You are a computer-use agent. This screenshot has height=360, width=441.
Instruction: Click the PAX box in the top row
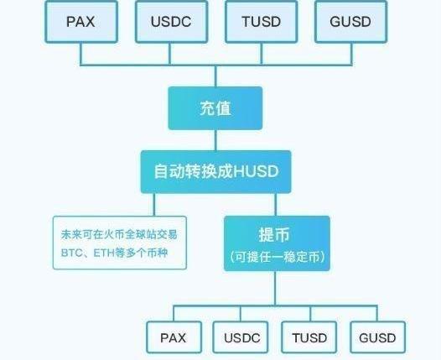click(81, 22)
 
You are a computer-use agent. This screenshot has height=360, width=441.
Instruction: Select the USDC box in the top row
click(171, 22)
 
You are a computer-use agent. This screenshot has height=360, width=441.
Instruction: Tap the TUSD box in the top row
click(262, 22)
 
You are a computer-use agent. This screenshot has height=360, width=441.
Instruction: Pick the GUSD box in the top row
click(351, 22)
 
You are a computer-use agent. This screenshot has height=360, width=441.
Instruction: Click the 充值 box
click(215, 108)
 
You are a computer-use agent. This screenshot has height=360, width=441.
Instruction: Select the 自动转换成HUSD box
click(216, 172)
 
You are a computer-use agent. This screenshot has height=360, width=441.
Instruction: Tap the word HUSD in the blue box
click(256, 171)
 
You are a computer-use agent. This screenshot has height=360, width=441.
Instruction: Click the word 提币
click(274, 234)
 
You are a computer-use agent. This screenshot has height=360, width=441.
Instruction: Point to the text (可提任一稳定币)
click(277, 257)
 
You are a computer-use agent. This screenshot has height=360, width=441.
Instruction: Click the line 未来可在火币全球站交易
click(119, 234)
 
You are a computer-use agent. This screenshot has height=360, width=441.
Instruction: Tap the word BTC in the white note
click(72, 253)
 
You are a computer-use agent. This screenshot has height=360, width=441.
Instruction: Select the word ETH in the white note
click(104, 253)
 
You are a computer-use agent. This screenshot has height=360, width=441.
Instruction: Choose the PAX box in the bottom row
click(174, 337)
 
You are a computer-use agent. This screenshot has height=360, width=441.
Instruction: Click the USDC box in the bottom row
click(241, 337)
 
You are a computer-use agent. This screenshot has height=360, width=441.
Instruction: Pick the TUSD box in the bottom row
click(309, 337)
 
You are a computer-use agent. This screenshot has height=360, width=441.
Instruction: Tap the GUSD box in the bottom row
click(378, 337)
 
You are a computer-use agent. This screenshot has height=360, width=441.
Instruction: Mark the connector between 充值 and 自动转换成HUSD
click(215, 140)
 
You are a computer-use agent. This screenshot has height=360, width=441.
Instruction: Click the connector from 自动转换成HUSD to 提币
click(275, 205)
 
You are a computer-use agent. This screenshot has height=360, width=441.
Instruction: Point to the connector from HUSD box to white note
click(153, 205)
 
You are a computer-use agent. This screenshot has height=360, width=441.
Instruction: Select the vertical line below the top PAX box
click(81, 54)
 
